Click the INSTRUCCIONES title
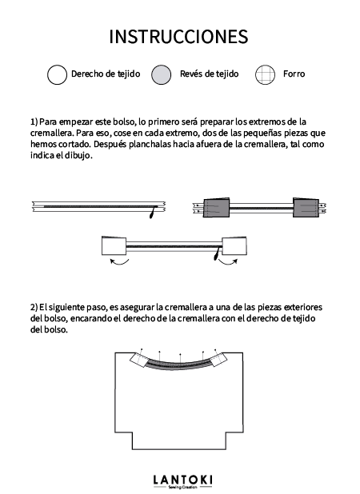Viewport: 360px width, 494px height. [x=178, y=37]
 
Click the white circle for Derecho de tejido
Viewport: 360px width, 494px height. [x=57, y=74]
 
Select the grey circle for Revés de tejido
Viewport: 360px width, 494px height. [x=162, y=74]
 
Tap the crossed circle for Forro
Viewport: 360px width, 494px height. [x=265, y=74]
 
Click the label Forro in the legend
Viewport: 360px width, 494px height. [x=294, y=74]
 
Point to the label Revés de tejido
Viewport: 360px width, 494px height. [x=210, y=74]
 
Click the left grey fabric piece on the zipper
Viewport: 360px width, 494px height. [x=217, y=208]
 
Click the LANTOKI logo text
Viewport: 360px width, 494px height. [x=184, y=478]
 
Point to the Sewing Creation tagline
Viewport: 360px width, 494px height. [x=184, y=488]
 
